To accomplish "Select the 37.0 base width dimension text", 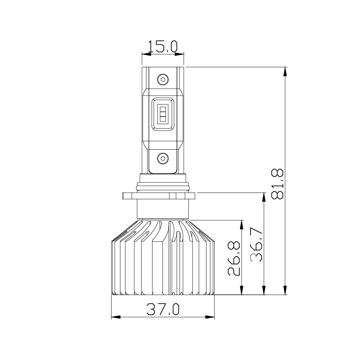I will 163,309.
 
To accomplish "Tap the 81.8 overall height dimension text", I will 278,184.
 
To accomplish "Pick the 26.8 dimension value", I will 234,258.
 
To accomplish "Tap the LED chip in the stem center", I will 163,114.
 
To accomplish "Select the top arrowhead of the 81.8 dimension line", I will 286,71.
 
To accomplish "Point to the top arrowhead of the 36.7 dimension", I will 264,197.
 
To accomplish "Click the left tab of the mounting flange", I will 127,196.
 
